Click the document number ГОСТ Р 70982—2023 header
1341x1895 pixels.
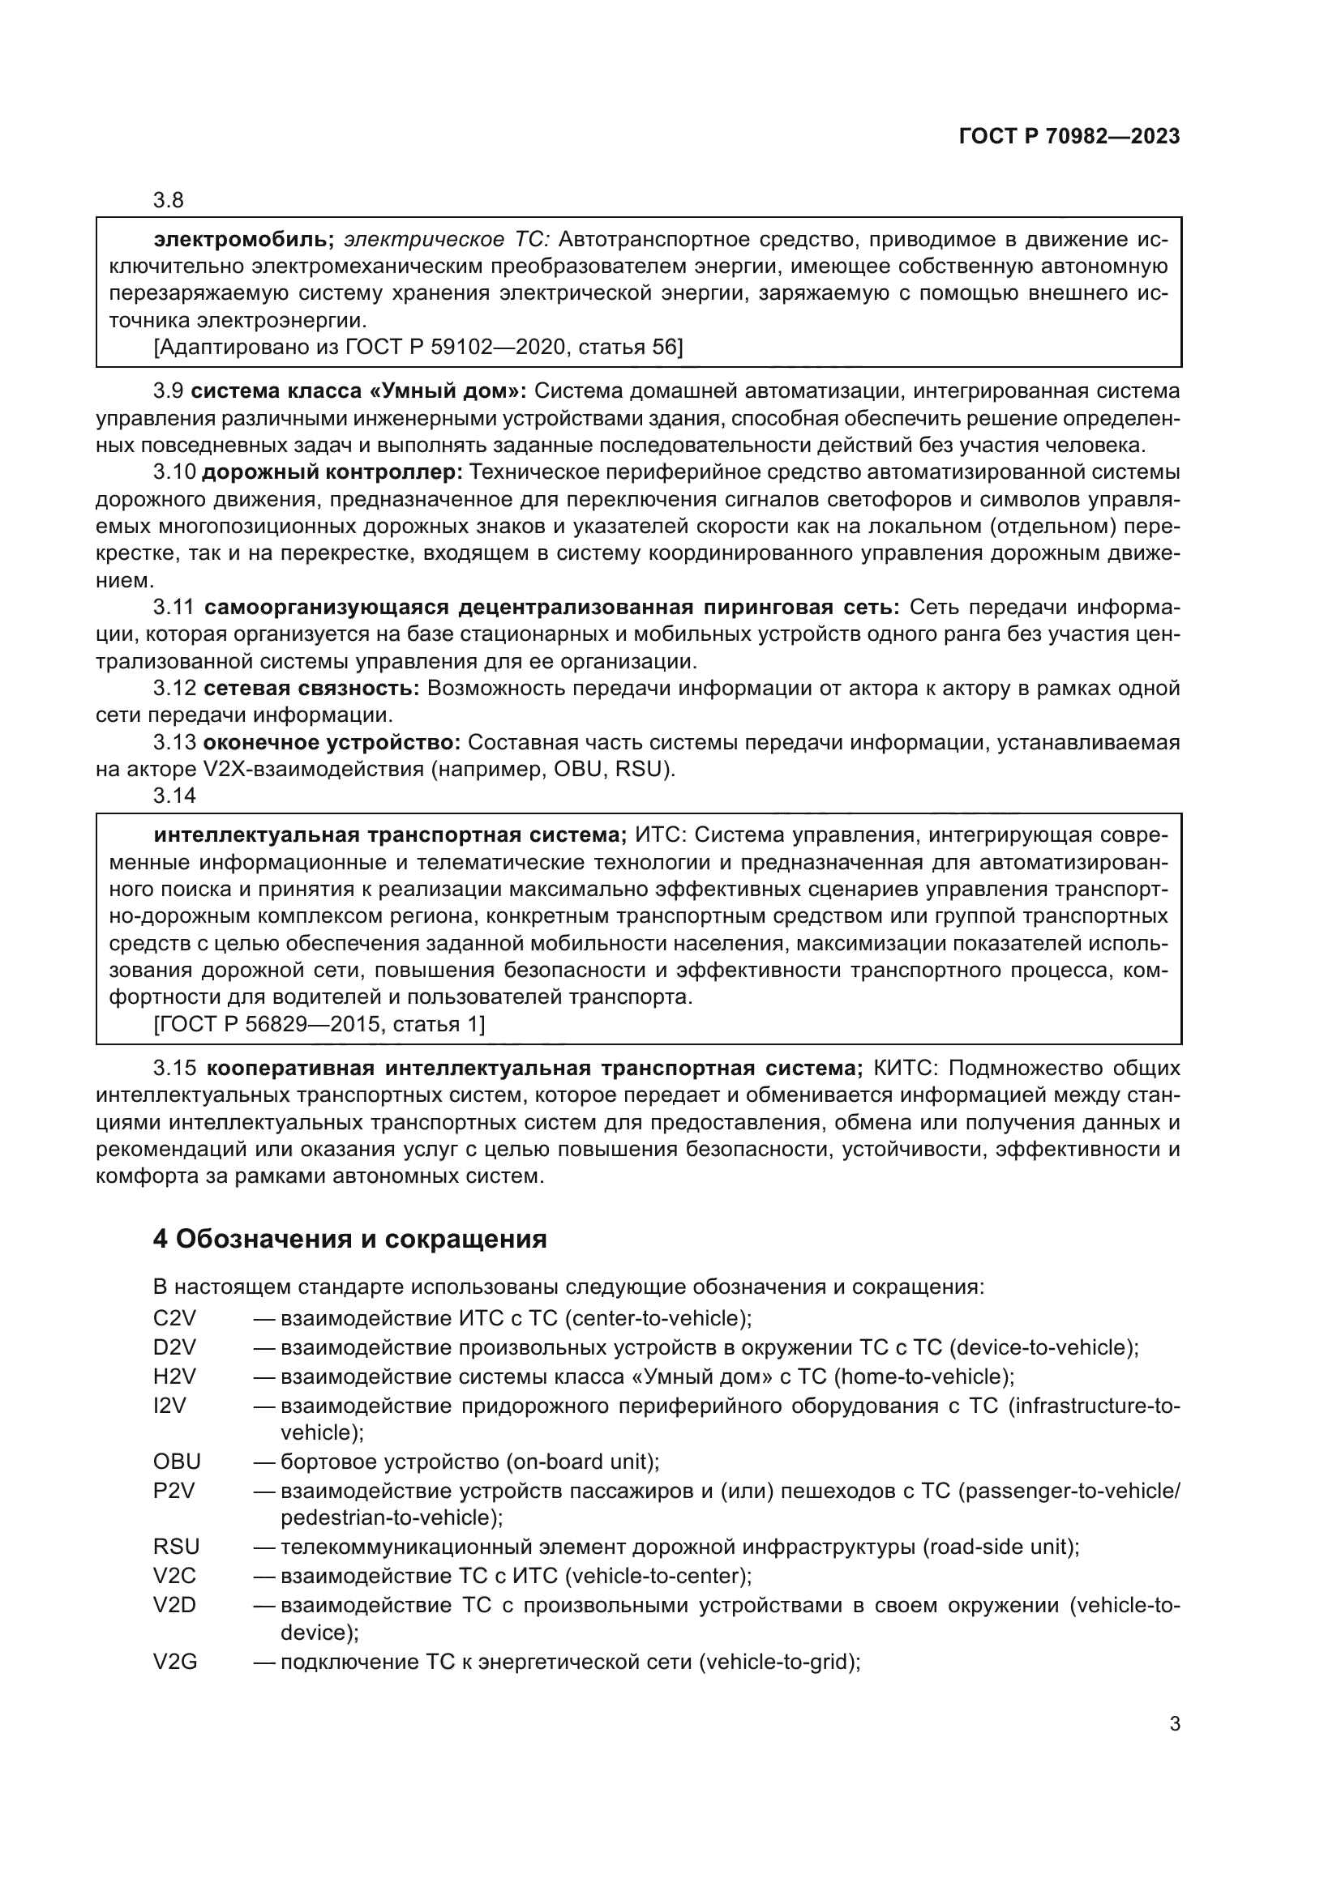pyautogui.click(x=1069, y=137)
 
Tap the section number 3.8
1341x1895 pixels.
pyautogui.click(x=169, y=200)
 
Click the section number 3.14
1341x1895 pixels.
pyautogui.click(x=174, y=796)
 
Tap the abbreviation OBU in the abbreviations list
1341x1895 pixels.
pyautogui.click(x=177, y=1462)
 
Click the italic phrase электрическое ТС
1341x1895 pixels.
pyautogui.click(x=446, y=240)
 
